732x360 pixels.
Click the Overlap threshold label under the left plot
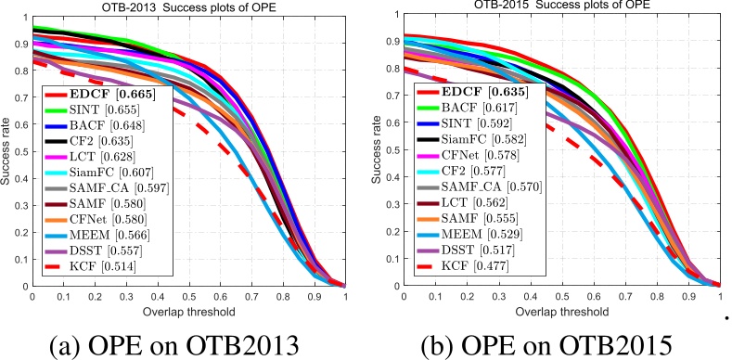click(x=188, y=307)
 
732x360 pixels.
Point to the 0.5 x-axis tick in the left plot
click(x=188, y=296)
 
